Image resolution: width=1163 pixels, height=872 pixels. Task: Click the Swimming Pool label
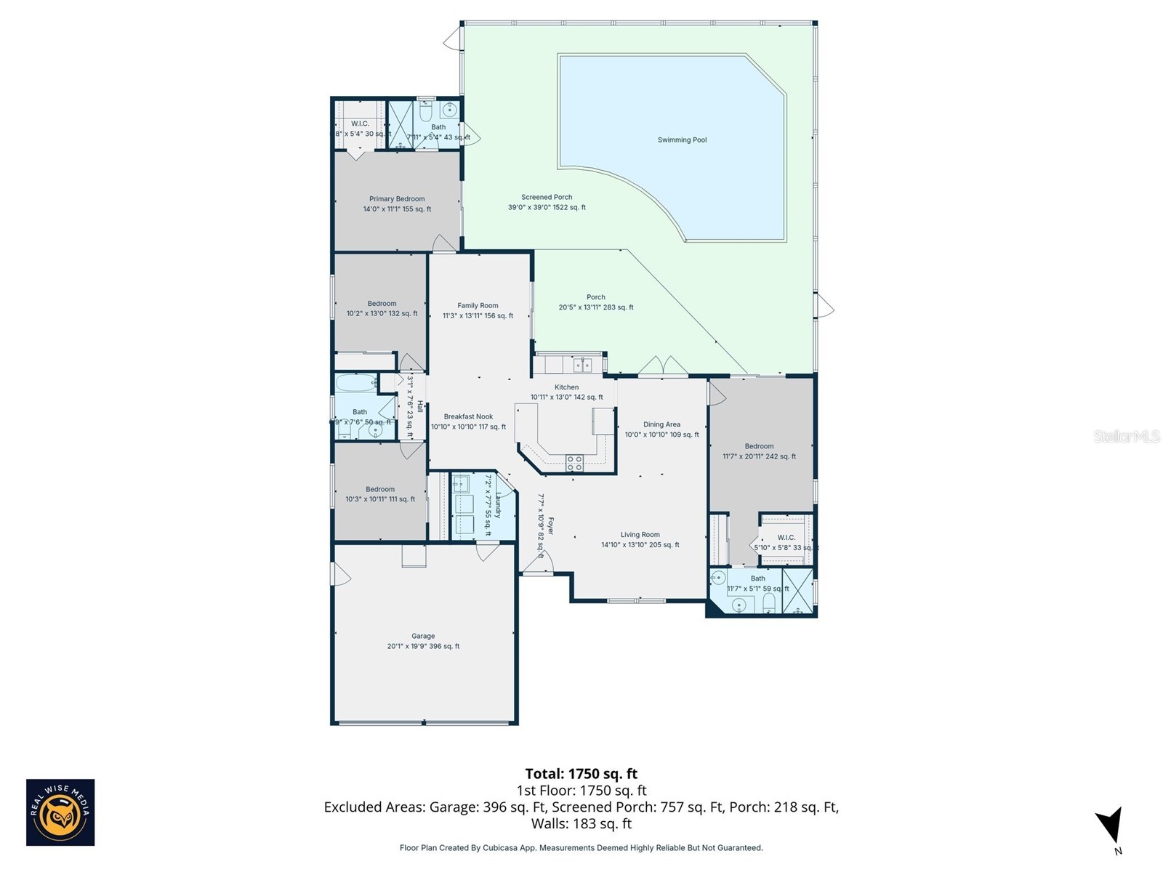click(x=682, y=140)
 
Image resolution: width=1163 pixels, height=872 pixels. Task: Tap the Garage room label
click(x=423, y=641)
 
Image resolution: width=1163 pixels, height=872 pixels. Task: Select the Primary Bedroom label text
click(x=397, y=203)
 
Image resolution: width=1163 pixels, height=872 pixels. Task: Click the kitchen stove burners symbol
click(x=574, y=463)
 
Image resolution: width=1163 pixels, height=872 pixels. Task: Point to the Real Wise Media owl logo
click(x=60, y=812)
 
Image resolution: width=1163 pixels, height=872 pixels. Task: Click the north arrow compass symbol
click(x=1110, y=828)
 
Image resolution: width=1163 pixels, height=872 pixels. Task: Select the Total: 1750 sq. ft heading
click(x=581, y=774)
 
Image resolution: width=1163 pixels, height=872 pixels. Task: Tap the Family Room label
click(x=478, y=310)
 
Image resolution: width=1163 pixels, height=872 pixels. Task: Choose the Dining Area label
click(x=661, y=429)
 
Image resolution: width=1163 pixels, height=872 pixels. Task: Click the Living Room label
click(x=640, y=539)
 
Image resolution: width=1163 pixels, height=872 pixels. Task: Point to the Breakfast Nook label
click(x=468, y=421)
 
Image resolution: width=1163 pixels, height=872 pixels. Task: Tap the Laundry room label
click(x=498, y=506)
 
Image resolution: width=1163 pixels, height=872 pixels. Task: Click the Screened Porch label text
click(x=547, y=202)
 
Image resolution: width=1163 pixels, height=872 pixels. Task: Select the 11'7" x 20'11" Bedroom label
click(x=759, y=451)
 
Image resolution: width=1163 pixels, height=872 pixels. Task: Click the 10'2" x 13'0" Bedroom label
click(x=382, y=308)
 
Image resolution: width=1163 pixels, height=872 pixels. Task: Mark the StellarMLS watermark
click(x=1126, y=436)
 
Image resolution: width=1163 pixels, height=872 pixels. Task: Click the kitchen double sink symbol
click(x=582, y=364)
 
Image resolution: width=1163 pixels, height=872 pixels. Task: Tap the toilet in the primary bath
click(x=427, y=112)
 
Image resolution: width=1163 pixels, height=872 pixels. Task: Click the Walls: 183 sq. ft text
click(x=581, y=824)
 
